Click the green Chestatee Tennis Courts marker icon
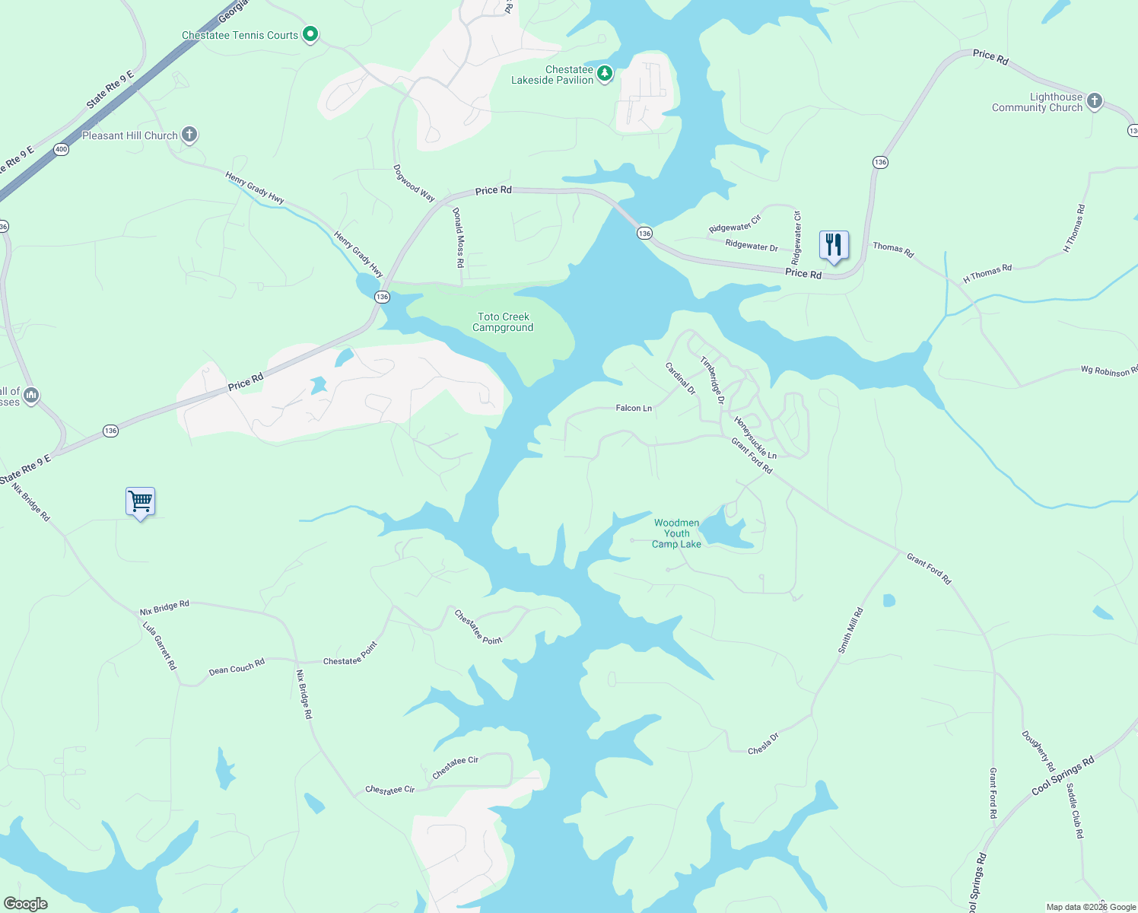click(x=310, y=34)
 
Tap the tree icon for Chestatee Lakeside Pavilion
click(x=605, y=74)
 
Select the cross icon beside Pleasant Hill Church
click(x=189, y=135)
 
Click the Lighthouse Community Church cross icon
click(x=1095, y=101)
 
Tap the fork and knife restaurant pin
click(x=834, y=246)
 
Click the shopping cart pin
click(x=140, y=502)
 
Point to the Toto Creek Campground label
click(x=503, y=323)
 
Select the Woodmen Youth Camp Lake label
click(x=676, y=533)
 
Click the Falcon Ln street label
click(x=634, y=409)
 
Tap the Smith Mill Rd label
click(x=850, y=631)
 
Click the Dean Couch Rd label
click(x=237, y=667)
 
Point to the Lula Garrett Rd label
click(x=160, y=645)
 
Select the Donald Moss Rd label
click(x=459, y=237)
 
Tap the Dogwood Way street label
click(x=414, y=183)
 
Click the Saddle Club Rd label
click(x=1075, y=811)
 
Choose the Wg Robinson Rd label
click(x=1109, y=371)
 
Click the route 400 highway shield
click(x=62, y=149)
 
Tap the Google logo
click(x=26, y=904)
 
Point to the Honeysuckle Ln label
click(x=755, y=438)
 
